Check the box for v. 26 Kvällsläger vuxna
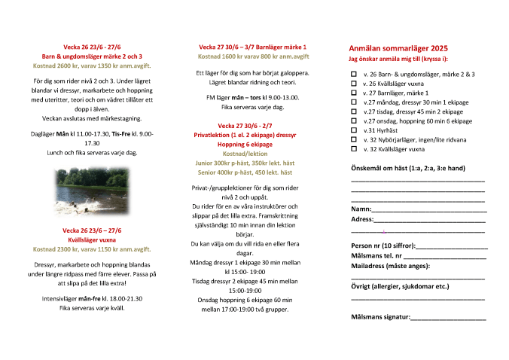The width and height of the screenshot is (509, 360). [355, 84]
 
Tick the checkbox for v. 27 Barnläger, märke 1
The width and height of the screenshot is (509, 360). [355, 93]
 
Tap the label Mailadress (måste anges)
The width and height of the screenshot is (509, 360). [391, 266]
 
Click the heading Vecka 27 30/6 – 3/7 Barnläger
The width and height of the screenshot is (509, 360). [252, 47]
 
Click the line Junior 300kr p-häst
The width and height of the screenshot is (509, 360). [254, 163]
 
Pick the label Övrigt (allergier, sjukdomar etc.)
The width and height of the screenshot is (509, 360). [400, 286]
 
